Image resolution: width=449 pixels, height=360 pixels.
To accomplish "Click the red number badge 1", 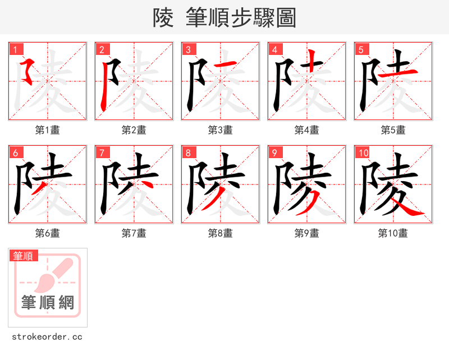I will tap(15, 50).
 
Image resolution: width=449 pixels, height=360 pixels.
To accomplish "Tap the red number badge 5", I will tap(361, 50).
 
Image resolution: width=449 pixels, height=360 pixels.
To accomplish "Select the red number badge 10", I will tap(363, 153).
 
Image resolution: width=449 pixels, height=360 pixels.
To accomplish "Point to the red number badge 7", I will tap(102, 153).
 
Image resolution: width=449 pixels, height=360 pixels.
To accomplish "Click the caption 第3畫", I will tap(220, 130).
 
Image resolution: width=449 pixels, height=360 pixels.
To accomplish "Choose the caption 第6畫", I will tap(47, 233).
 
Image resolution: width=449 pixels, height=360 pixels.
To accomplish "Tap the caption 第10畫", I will tap(393, 233).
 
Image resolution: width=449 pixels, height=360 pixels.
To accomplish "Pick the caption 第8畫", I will tap(220, 233).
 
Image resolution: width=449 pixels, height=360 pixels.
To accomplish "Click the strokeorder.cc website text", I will tap(47, 337).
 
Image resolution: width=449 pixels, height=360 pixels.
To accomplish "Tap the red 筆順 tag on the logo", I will tap(24, 256).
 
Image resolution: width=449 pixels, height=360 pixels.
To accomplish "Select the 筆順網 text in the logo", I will tap(48, 303).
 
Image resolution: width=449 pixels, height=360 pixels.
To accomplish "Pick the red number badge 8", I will tap(188, 153).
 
